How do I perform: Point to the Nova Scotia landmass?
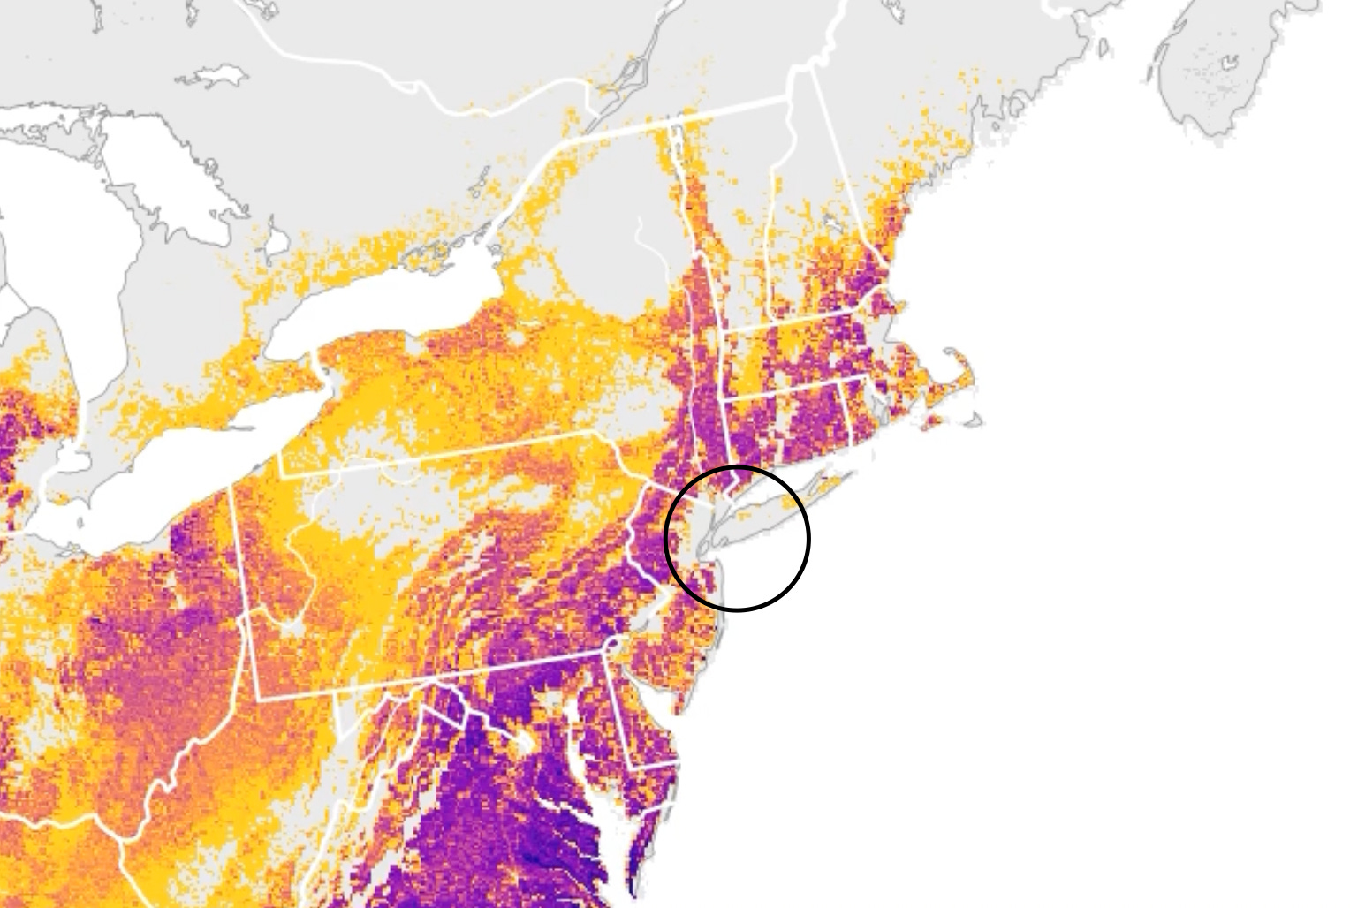point(1219,79)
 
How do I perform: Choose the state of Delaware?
point(641,724)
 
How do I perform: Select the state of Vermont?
point(742,230)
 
